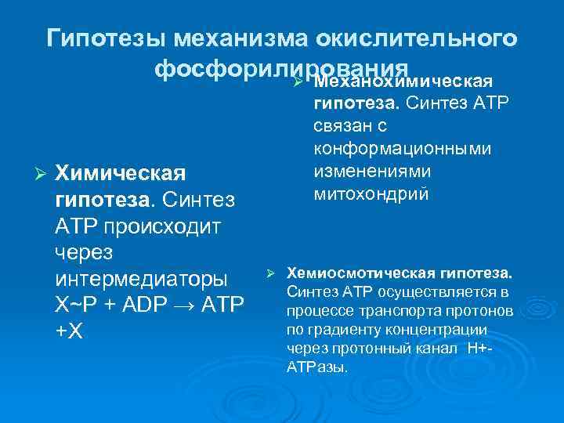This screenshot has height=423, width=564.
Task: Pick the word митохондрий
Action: (371, 193)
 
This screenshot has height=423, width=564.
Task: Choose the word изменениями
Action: (365, 171)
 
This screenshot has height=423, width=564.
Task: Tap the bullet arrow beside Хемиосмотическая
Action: (268, 273)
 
